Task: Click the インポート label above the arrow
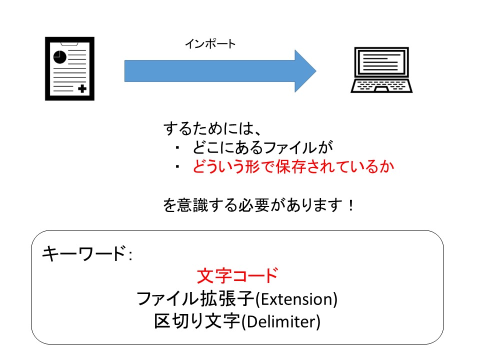point(210,44)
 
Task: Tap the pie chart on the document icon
point(60,56)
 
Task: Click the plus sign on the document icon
point(82,89)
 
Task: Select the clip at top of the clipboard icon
point(70,42)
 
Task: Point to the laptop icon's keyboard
point(382,85)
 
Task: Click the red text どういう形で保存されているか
point(293,167)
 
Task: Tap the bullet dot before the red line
point(177,167)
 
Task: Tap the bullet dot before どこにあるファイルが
point(177,148)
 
